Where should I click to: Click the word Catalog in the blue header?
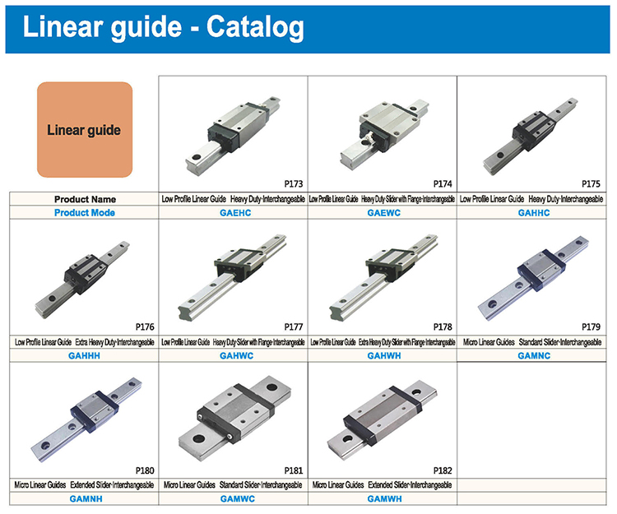point(255,27)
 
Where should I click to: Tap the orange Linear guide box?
point(85,129)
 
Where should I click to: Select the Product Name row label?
point(85,199)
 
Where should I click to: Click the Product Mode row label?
point(85,213)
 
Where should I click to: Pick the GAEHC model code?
point(235,213)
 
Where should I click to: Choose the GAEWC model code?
point(384,213)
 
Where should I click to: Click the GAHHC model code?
point(534,213)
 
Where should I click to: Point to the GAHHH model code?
point(84,355)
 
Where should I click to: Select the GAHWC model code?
point(236,355)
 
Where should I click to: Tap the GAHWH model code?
point(384,355)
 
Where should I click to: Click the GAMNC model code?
point(534,355)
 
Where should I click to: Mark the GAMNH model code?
point(86,498)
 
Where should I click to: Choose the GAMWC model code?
point(238,498)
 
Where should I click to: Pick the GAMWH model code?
point(384,498)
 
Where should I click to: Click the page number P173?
point(294,183)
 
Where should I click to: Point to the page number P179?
point(591,326)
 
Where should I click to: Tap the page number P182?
point(443,470)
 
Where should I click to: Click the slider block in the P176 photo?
point(86,273)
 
